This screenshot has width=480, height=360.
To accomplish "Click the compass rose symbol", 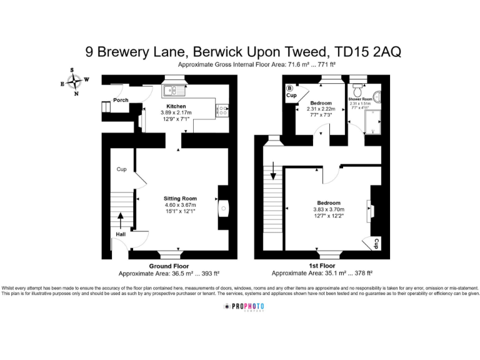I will tap(75, 82).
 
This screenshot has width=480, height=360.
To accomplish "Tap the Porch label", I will tap(121, 100).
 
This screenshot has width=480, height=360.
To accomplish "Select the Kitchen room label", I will tap(176, 106).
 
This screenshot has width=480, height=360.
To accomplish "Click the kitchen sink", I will tap(172, 90).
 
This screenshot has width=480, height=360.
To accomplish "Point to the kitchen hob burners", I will tap(222, 111).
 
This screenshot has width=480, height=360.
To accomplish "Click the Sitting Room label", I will tap(180, 198).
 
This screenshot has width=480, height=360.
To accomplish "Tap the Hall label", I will tap(119, 234).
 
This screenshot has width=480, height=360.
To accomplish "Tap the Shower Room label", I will tap(361, 99).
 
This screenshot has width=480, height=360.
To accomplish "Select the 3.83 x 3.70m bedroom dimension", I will tap(329, 210).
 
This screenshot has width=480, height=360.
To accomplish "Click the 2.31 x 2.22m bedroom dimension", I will tap(321, 109).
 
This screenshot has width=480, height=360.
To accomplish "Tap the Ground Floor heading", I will tap(169, 266).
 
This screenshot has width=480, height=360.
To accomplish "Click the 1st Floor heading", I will tap(321, 266).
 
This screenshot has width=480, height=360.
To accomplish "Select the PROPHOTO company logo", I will tap(244, 307).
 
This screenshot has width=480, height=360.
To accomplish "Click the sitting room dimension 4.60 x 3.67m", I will tap(180, 205).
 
